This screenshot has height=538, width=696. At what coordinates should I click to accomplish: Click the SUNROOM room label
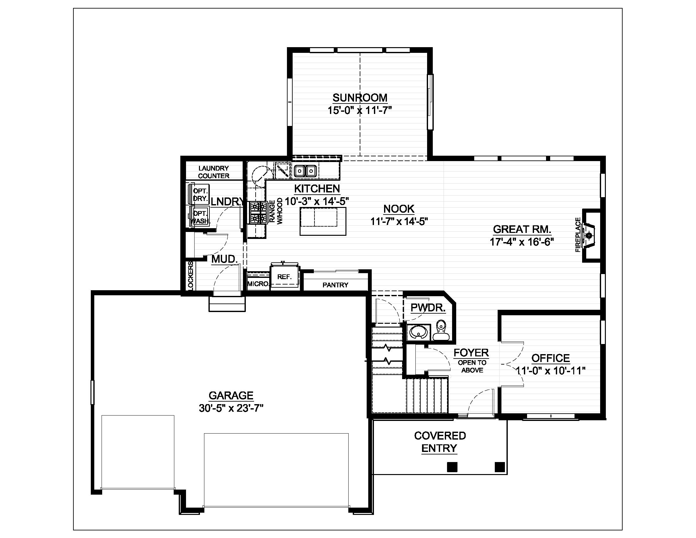360,97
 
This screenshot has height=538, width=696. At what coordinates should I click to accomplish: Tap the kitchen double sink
305,171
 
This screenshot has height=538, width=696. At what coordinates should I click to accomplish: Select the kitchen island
323,221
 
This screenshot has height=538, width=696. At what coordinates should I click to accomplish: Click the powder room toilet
441,330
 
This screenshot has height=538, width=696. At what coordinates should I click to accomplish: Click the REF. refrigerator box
285,276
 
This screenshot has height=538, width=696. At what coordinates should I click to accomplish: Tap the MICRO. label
258,284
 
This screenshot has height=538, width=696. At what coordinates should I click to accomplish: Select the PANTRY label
335,285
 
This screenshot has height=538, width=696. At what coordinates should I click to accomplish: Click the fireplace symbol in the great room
589,235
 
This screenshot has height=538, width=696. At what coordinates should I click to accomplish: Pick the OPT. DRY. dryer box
200,194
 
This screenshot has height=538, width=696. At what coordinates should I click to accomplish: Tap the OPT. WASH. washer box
200,217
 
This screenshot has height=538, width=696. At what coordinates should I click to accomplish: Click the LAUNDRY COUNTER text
214,172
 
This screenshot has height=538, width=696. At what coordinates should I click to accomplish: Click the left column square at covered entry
452,467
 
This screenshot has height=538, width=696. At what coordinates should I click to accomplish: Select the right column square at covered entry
499,467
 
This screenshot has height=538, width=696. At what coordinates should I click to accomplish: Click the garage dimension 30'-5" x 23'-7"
231,408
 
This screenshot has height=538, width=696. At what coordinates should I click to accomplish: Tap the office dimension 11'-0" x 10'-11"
550,371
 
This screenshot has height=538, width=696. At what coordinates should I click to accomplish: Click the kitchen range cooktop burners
258,212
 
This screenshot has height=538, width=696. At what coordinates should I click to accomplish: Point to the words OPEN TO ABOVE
472,366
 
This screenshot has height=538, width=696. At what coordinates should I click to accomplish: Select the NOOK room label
399,209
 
